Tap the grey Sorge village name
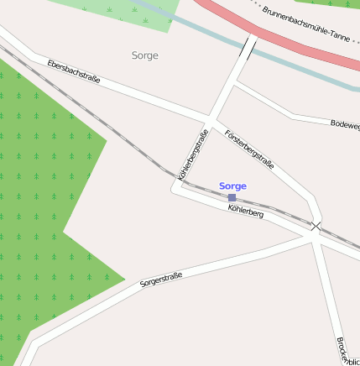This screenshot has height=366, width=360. pos(144,55)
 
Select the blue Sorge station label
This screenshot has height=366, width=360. pos(232,186)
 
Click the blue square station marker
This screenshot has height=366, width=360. pos(232,197)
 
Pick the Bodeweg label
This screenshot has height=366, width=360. pos(345,124)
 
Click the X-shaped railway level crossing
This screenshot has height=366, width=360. pos(316,226)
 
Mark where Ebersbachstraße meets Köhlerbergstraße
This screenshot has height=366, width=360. pos(208,117)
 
